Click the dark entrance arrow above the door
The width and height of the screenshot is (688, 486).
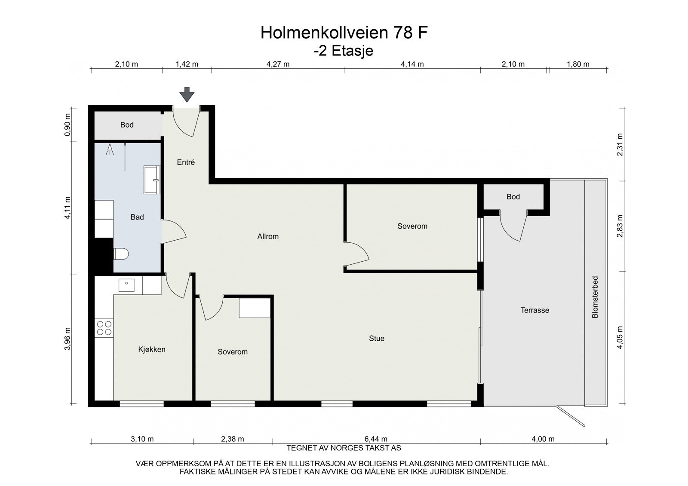(187, 94)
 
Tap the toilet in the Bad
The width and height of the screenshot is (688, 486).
(121, 254)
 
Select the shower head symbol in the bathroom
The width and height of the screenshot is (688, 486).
(110, 149)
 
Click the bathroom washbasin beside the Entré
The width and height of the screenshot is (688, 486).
(152, 180)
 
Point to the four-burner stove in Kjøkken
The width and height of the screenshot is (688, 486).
(104, 328)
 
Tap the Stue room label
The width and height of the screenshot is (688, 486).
(377, 339)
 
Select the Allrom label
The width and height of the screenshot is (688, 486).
(268, 236)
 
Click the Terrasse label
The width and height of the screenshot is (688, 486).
(534, 310)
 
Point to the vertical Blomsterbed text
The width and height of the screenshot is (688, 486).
(595, 297)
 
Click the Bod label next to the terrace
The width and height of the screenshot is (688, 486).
(513, 197)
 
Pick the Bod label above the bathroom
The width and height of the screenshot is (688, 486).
(127, 125)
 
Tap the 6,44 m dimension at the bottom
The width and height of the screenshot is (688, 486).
(376, 439)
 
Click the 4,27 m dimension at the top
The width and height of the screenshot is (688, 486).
(278, 64)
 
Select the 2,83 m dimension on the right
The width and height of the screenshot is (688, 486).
(620, 226)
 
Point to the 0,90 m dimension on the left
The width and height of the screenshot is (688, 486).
(68, 125)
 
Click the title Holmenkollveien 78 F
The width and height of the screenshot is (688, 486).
(344, 33)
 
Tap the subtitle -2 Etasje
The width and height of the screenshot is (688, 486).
(344, 51)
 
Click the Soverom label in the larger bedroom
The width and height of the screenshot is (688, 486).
(412, 226)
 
